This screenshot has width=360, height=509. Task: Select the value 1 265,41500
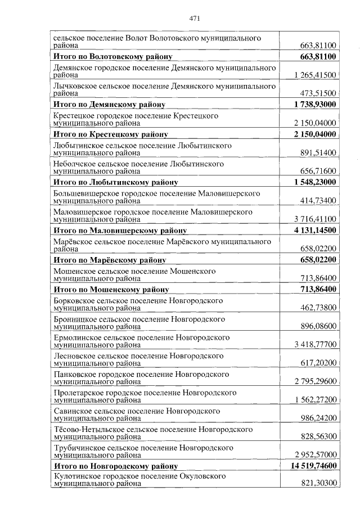315,75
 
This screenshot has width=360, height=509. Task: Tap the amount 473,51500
318,93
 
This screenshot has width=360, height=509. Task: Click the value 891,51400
318,152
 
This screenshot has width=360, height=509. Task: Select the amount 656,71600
318,171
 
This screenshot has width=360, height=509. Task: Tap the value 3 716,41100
315,219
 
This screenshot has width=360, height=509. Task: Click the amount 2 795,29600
315,381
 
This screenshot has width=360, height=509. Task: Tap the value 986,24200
318,418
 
